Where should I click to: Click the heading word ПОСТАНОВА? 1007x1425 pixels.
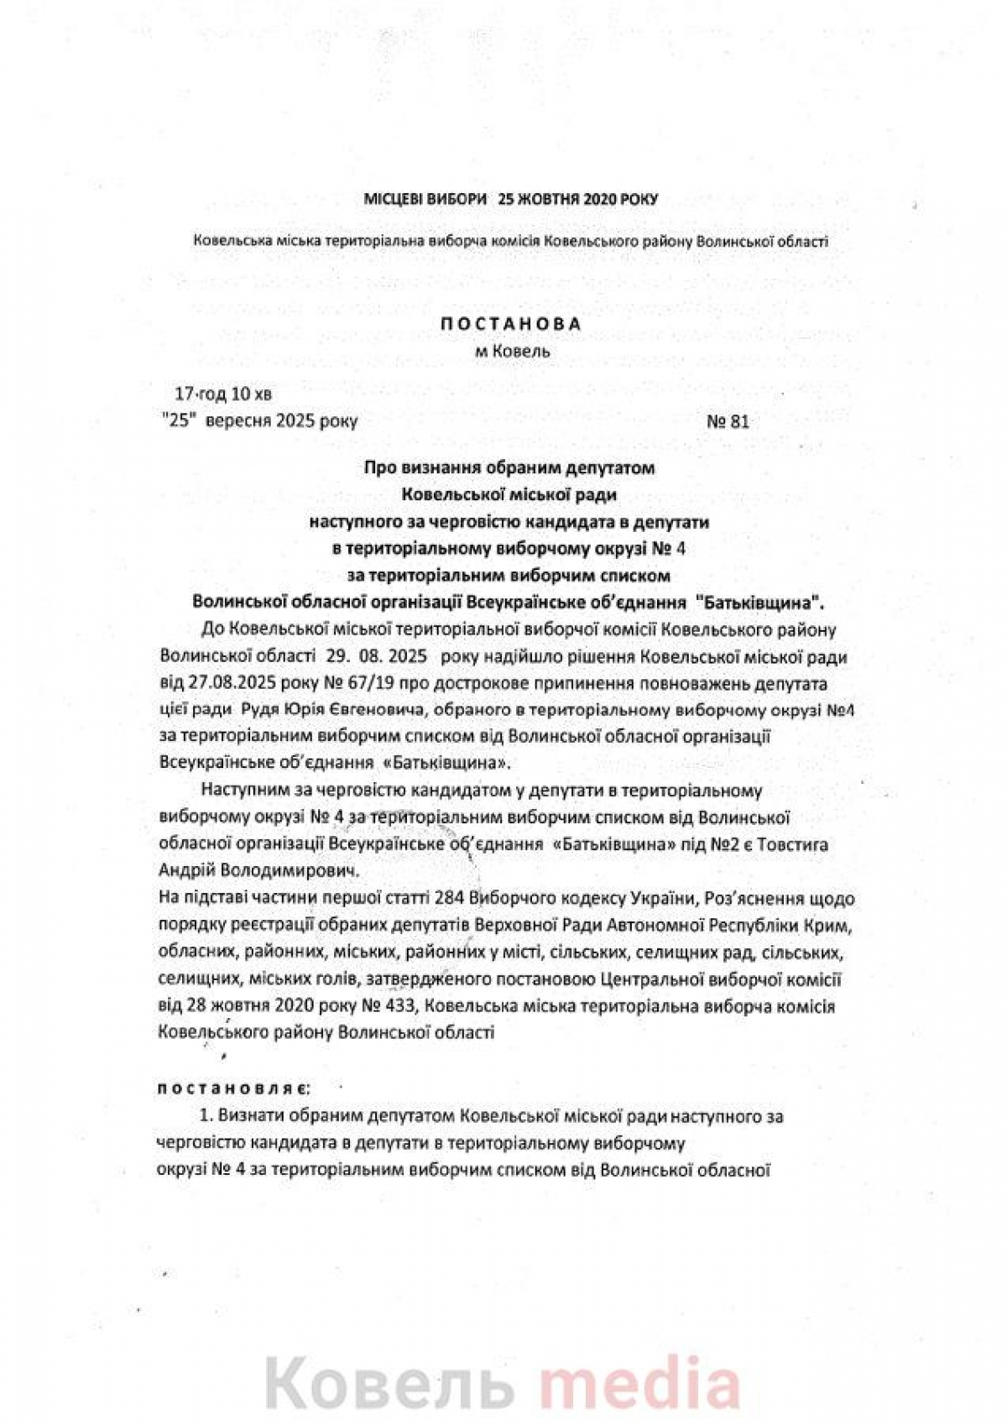[x=512, y=324]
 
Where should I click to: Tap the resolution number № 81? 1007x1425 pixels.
[x=728, y=421]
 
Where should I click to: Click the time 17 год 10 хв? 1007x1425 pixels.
[x=222, y=394]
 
